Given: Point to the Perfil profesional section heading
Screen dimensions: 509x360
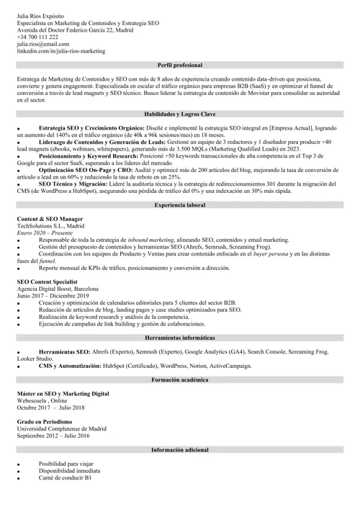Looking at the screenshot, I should click(180, 65).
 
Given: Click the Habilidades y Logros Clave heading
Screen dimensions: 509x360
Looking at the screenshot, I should click(180, 114).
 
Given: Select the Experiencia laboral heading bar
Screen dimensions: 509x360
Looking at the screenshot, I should click(180, 205).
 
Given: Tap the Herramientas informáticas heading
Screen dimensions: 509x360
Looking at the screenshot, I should click(180, 338).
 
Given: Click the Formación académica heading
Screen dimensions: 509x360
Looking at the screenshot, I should click(180, 379).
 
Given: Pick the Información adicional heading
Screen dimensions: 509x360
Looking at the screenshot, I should click(180, 449).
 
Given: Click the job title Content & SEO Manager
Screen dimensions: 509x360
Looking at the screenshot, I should click(50, 218).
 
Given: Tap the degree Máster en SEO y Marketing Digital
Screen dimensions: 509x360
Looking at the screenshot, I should click(63, 395).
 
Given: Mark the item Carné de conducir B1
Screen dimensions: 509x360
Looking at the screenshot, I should click(66, 479).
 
